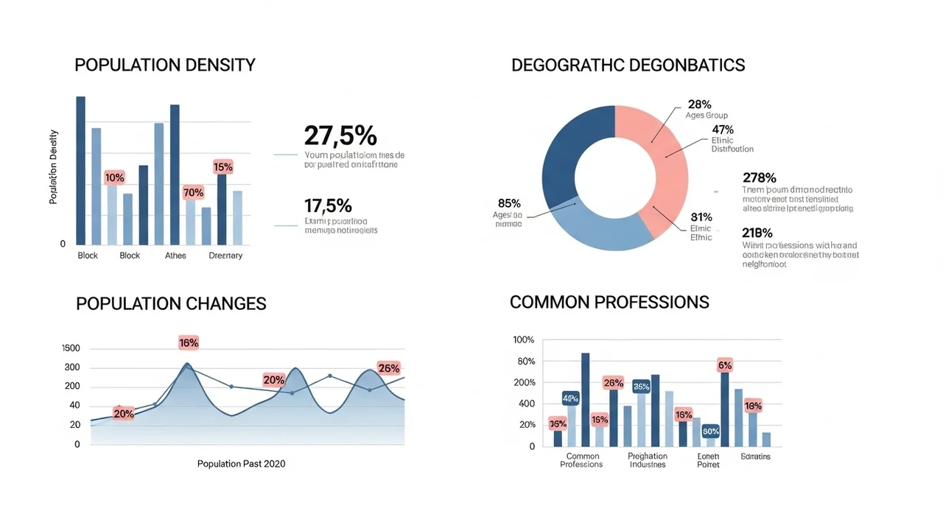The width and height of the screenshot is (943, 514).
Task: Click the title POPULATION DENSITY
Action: (165, 65)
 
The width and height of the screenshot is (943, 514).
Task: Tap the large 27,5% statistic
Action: (340, 135)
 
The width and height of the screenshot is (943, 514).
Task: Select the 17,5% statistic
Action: (328, 205)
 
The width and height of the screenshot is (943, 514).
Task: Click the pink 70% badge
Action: (194, 193)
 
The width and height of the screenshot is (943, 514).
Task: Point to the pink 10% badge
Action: (114, 177)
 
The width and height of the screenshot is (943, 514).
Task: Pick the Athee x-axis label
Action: (175, 256)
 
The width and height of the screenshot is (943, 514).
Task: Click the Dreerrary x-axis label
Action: (225, 256)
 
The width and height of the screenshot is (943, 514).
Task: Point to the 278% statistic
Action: (760, 177)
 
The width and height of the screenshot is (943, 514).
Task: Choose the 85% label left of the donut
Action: (509, 203)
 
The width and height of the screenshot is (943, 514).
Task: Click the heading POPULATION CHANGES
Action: (171, 303)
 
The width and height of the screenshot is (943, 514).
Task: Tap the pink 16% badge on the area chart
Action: (189, 342)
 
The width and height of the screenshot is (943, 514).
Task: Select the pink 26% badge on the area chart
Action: (388, 368)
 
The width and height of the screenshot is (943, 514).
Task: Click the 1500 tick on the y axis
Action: (71, 348)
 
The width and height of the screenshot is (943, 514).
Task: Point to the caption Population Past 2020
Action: (241, 464)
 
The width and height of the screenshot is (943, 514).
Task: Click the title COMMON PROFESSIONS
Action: (609, 302)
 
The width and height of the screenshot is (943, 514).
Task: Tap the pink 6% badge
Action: (725, 365)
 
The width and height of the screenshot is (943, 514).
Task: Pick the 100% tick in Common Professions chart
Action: (523, 340)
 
